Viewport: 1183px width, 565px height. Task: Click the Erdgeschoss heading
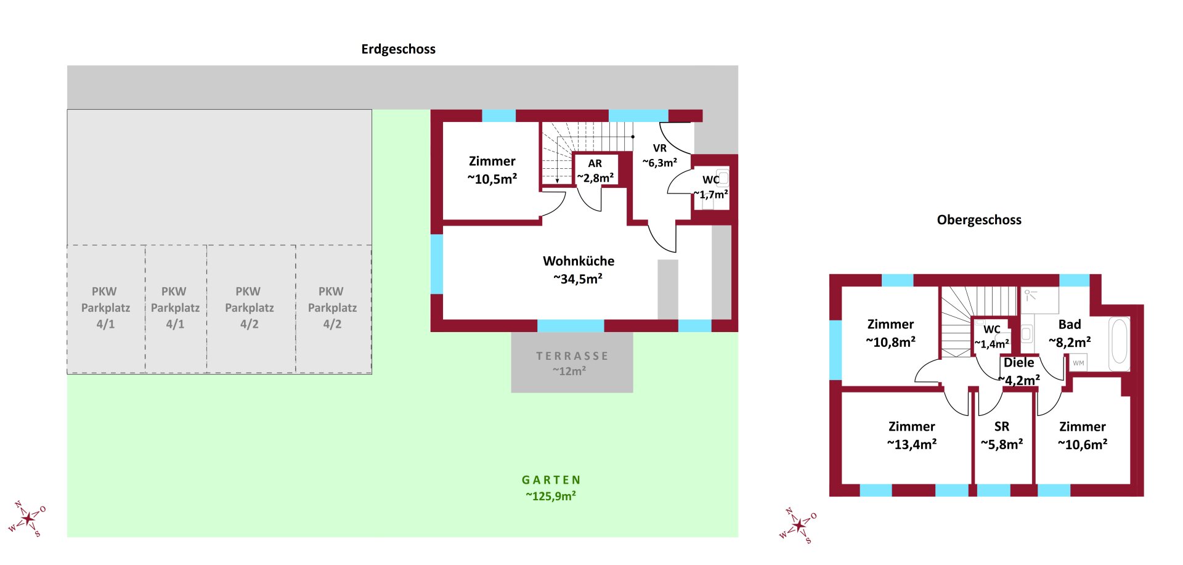click(398, 49)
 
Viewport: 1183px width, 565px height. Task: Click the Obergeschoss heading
click(979, 220)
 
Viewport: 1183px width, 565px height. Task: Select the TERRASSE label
click(572, 356)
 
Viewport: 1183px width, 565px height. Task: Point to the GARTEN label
click(551, 480)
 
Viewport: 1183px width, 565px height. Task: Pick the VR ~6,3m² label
click(659, 155)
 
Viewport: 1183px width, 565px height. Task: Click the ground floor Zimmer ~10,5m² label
click(492, 169)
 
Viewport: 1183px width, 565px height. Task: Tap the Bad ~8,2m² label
click(1070, 333)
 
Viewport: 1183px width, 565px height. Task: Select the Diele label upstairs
click(1018, 363)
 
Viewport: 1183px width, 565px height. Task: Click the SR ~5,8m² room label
click(1002, 435)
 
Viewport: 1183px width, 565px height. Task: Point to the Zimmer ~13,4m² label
click(911, 435)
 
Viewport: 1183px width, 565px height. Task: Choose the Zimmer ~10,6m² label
click(1082, 435)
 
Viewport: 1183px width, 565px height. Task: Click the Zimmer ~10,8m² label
click(890, 333)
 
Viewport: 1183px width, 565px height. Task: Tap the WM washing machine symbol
click(1078, 363)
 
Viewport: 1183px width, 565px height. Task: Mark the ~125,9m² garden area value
click(551, 496)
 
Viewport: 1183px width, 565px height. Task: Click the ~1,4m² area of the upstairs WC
click(992, 344)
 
